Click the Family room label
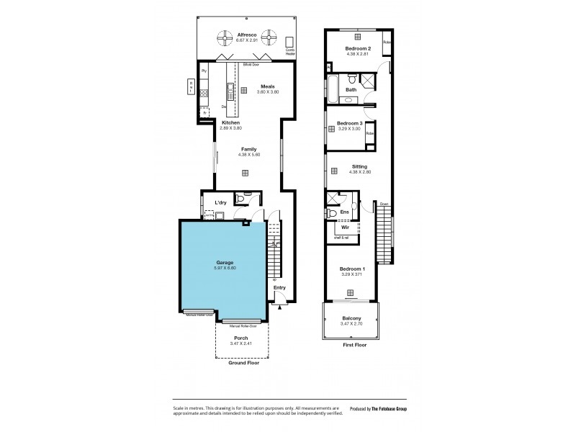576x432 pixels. point(248,149)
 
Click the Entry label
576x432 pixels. point(279,288)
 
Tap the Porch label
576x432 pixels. point(241,337)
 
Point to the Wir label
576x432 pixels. point(346,228)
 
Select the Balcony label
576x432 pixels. point(351,318)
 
